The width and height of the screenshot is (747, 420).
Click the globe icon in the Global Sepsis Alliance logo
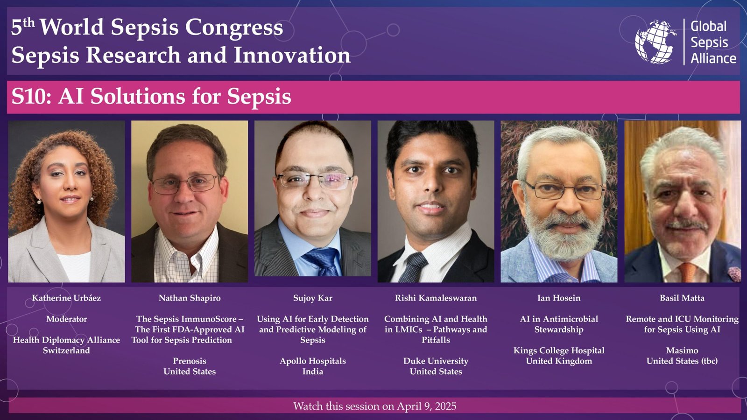(655, 42)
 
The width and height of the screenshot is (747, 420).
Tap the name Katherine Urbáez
(66, 298)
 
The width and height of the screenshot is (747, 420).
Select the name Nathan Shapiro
(190, 298)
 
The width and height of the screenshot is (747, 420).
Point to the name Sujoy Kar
(312, 298)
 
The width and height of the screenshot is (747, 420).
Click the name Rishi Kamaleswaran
(436, 298)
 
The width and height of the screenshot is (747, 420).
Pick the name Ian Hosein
(559, 298)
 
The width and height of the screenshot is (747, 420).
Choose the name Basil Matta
(682, 298)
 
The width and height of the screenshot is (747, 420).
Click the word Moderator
(66, 319)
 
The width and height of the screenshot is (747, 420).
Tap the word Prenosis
(190, 361)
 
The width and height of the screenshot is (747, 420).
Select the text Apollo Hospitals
(312, 361)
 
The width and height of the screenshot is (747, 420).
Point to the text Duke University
(436, 361)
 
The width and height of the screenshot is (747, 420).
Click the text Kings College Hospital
(559, 350)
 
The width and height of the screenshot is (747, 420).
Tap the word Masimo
(682, 350)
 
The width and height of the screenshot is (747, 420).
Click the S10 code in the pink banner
(31, 97)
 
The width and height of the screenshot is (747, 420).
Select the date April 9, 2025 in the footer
(426, 406)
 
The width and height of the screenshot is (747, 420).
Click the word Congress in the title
(234, 28)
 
